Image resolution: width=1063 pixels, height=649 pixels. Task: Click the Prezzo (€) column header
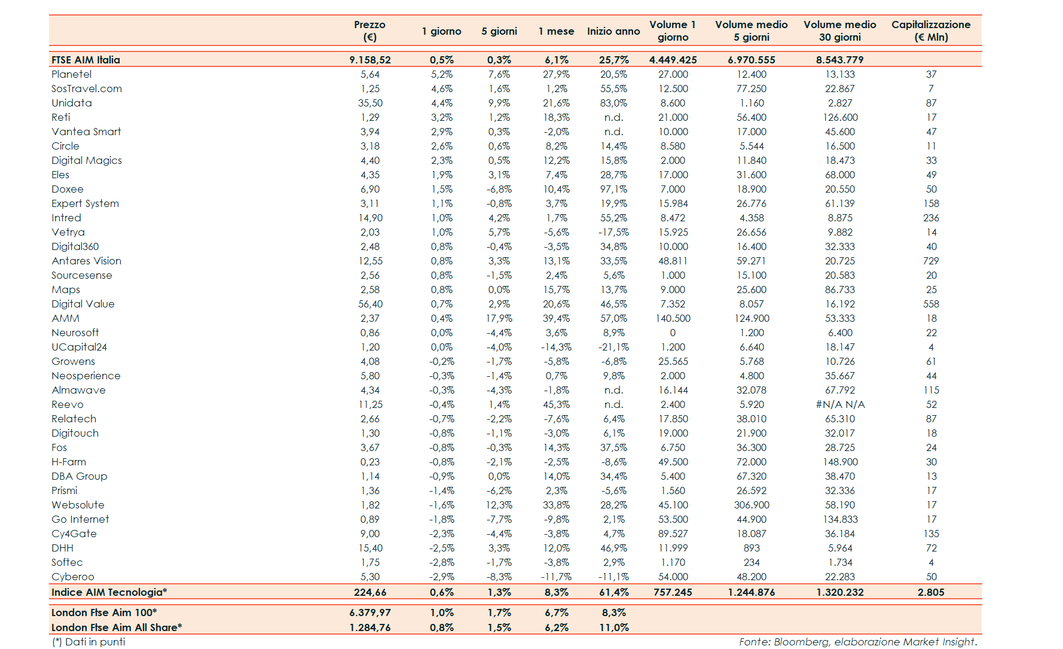(x=369, y=31)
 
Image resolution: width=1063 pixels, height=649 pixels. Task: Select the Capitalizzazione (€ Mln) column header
(x=930, y=31)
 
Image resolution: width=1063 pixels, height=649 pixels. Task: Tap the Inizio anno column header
(x=613, y=31)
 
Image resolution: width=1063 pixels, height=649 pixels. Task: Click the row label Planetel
(x=72, y=74)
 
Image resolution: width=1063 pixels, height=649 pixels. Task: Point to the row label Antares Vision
(x=86, y=261)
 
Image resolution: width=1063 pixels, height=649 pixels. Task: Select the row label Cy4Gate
(x=74, y=534)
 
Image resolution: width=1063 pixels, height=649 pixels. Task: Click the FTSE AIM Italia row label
(x=85, y=60)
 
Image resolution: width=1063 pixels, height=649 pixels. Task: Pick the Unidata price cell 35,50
(x=370, y=103)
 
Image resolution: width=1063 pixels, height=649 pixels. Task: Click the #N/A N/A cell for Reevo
(x=839, y=404)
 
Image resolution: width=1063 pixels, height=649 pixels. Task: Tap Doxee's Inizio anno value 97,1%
(x=613, y=189)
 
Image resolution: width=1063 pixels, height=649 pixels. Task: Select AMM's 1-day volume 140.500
(x=673, y=318)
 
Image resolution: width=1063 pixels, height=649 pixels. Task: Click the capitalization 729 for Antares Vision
(x=931, y=261)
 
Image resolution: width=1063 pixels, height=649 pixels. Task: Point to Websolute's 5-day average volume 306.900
(x=751, y=505)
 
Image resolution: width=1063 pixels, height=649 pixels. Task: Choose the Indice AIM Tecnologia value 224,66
(x=370, y=592)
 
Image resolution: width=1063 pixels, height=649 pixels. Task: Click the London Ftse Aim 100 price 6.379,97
(x=370, y=613)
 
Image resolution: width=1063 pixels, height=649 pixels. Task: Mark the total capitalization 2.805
(x=931, y=592)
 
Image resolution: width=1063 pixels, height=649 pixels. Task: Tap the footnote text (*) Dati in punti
(x=88, y=642)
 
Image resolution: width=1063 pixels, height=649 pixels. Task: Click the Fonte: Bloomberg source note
(x=857, y=642)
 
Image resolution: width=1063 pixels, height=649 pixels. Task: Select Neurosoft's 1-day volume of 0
(x=673, y=333)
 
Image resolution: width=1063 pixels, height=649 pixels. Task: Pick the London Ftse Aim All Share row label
(x=117, y=627)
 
